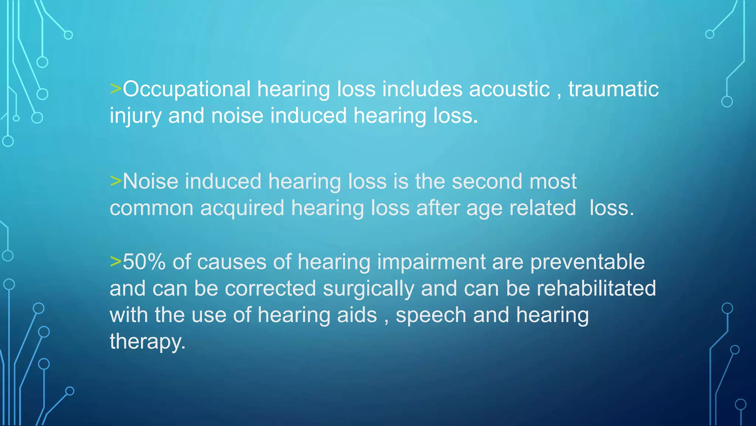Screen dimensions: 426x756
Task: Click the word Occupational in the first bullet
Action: (x=186, y=89)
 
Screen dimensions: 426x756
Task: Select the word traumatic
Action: (x=614, y=89)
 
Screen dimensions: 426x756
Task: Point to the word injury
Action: (x=135, y=116)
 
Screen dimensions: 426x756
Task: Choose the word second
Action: (x=487, y=182)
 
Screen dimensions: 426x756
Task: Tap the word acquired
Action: (x=242, y=208)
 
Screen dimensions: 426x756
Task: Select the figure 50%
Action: (x=144, y=262)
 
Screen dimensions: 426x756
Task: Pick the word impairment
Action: (x=431, y=262)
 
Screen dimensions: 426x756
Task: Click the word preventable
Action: (x=587, y=262)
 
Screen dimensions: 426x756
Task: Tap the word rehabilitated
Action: (x=596, y=289)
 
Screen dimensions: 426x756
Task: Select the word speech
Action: (x=431, y=316)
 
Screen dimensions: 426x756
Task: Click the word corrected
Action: (x=270, y=289)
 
